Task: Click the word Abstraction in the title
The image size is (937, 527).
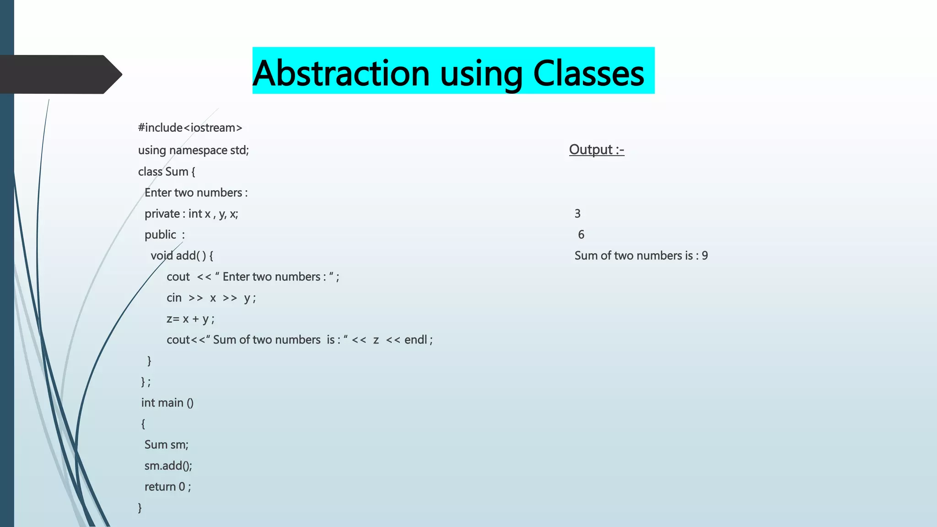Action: point(341,73)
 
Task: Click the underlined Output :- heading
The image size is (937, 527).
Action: point(596,150)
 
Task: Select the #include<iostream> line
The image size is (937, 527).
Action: point(190,128)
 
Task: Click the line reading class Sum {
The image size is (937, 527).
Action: point(167,172)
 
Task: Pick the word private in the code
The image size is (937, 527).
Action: point(162,214)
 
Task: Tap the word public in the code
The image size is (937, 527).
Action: point(160,235)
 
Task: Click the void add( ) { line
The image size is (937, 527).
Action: point(182,256)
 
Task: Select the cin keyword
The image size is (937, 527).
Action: point(174,298)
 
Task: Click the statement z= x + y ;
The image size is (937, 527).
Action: point(190,319)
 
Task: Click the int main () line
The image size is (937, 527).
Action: point(167,403)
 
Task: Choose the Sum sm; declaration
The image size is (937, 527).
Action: point(166,445)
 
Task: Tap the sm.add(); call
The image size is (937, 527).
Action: point(168,466)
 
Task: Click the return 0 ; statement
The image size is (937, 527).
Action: point(167,487)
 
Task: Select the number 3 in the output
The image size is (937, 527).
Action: point(577,214)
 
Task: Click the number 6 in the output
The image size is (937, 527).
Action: point(581,235)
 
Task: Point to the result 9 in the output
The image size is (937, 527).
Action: point(705,256)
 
